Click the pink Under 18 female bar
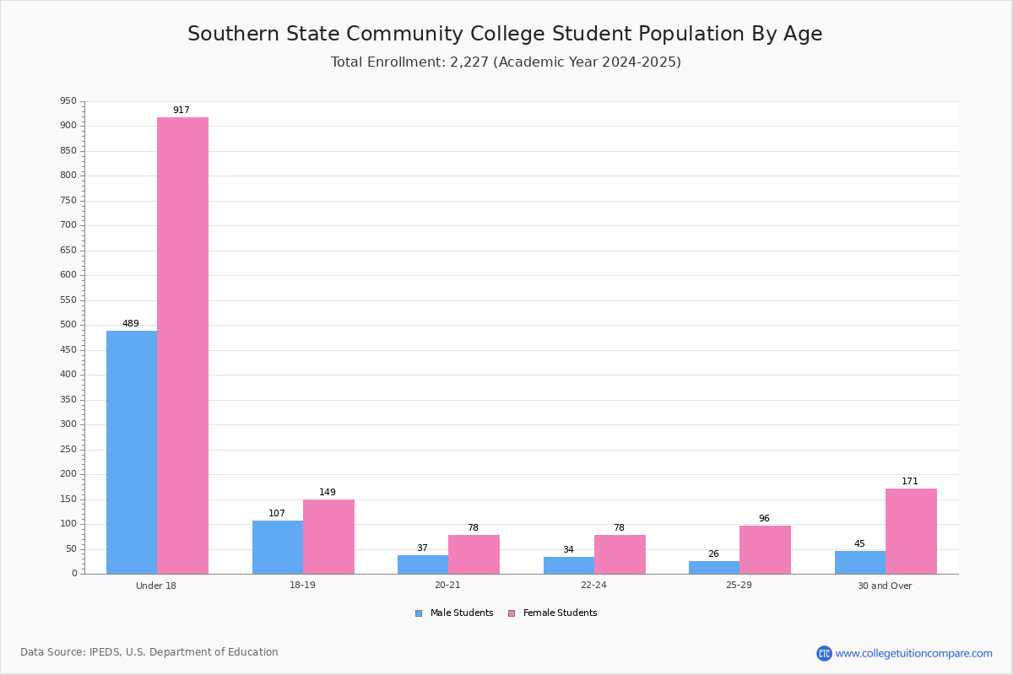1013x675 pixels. (x=182, y=346)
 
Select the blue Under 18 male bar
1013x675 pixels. (x=132, y=452)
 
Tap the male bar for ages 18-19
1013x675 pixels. (x=278, y=548)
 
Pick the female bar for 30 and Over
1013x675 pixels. (x=911, y=532)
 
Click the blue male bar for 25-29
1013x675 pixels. (x=714, y=568)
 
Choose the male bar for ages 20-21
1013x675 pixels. (x=423, y=564)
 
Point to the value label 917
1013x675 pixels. (x=181, y=110)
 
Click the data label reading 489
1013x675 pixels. (x=131, y=323)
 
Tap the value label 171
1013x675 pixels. (x=910, y=481)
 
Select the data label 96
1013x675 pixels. (x=764, y=518)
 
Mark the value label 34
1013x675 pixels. (x=568, y=549)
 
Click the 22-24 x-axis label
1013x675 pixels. (x=593, y=585)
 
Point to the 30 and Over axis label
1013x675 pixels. (x=885, y=586)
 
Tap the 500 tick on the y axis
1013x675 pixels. (x=68, y=325)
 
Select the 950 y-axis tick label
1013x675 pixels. (x=68, y=100)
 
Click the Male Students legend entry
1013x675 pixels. (x=454, y=613)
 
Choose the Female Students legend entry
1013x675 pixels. (x=553, y=613)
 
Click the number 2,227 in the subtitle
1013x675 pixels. (x=469, y=62)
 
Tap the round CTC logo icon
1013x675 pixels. (x=825, y=653)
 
